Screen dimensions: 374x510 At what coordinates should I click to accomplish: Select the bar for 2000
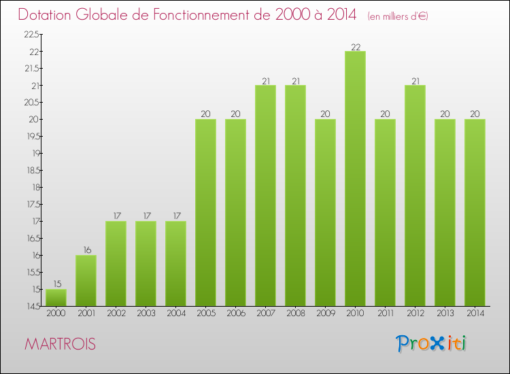[x=56, y=297]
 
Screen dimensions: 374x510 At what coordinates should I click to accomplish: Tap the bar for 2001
[x=86, y=280]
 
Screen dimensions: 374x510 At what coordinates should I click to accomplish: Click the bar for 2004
[x=175, y=263]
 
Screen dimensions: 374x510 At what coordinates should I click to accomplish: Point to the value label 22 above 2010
[x=355, y=47]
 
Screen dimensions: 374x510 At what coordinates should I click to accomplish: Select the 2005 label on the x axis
[x=205, y=313]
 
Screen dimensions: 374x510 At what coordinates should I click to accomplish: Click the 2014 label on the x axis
[x=475, y=313]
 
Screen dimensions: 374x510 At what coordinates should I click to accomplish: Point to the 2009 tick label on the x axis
[x=325, y=313]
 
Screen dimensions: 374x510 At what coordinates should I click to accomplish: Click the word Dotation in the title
[x=46, y=14]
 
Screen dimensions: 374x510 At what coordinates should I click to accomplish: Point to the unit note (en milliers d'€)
[x=398, y=16]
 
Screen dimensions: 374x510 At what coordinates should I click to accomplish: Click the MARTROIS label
[x=60, y=344]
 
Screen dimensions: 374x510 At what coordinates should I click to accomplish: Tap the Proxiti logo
[x=432, y=343]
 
